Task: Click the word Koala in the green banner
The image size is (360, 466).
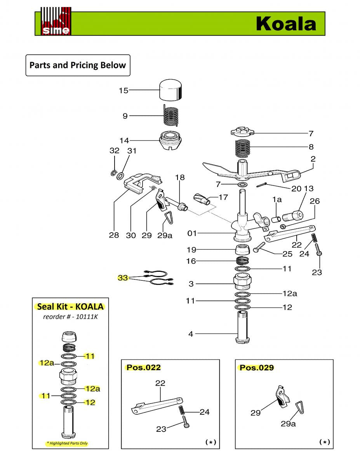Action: point(286,24)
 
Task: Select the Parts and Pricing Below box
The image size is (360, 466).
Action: point(78,65)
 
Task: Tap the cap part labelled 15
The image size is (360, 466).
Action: point(171,91)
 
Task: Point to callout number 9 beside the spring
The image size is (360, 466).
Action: point(125,116)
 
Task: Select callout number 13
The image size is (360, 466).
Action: point(308,188)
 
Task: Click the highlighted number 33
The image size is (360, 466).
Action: point(123,278)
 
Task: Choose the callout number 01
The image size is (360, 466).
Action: point(192,233)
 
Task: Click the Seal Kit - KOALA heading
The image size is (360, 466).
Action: point(70,306)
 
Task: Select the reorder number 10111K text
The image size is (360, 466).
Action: point(70,316)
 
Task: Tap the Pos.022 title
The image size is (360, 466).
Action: point(143,367)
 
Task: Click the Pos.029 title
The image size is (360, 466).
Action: point(257,367)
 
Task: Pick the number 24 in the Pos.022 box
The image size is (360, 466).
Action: point(205,412)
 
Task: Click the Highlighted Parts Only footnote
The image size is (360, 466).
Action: point(67,443)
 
